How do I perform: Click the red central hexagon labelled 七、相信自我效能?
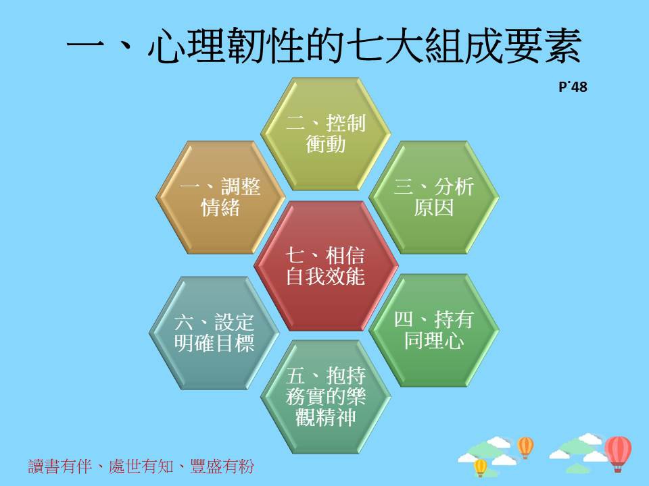(x=326, y=266)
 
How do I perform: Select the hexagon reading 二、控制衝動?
(x=326, y=134)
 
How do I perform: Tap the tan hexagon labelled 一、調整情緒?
(x=220, y=197)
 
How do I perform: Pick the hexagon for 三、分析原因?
(x=434, y=197)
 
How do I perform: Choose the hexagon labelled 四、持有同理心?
(x=434, y=330)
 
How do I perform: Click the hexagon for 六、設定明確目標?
(x=214, y=333)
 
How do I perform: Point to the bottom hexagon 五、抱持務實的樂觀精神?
(x=326, y=397)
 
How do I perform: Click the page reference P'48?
(x=573, y=87)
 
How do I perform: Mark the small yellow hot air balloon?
(x=481, y=467)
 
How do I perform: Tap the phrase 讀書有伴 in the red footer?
(x=60, y=466)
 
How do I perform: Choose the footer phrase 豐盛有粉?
(x=222, y=466)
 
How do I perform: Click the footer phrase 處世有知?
(x=141, y=466)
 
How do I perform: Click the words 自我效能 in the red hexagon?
(x=326, y=277)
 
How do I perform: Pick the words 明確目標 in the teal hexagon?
(x=214, y=344)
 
